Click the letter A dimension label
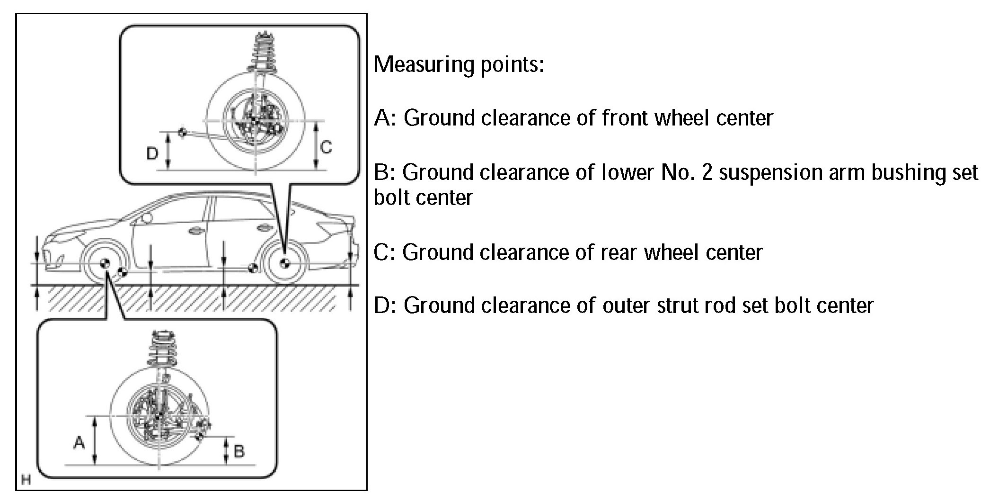click(x=79, y=443)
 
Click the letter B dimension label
click(x=239, y=451)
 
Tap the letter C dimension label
click(x=327, y=147)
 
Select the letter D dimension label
click(x=152, y=153)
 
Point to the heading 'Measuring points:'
click(x=459, y=64)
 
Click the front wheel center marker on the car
click(x=105, y=264)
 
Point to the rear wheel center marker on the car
click(x=284, y=263)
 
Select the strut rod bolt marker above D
click(x=182, y=132)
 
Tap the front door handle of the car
click(x=194, y=231)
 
